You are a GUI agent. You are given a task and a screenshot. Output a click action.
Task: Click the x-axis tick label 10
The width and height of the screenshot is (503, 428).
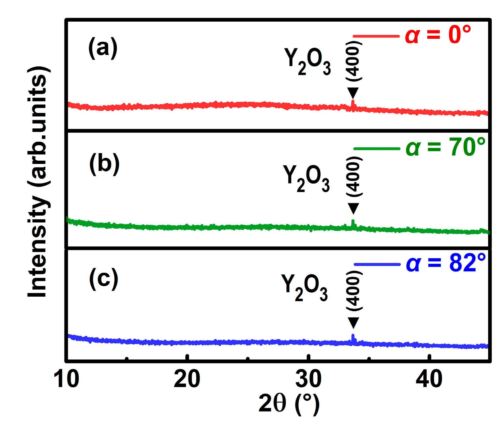(66, 379)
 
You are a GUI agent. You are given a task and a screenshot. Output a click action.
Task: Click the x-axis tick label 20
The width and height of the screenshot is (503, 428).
(187, 379)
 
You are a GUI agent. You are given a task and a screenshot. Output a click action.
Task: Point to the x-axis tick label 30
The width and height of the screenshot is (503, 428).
(308, 379)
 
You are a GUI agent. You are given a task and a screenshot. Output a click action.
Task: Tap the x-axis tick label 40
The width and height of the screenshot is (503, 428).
(429, 379)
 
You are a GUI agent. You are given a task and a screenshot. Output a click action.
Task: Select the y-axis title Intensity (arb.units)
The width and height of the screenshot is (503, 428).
(39, 181)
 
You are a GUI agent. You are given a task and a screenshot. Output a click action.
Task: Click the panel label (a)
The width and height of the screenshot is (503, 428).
(103, 48)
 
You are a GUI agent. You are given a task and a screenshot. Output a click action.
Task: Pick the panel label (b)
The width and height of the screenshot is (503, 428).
(104, 164)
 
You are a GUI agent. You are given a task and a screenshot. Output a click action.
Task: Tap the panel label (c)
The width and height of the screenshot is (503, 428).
(104, 279)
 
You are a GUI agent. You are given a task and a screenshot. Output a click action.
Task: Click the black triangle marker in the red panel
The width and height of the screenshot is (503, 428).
(353, 93)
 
